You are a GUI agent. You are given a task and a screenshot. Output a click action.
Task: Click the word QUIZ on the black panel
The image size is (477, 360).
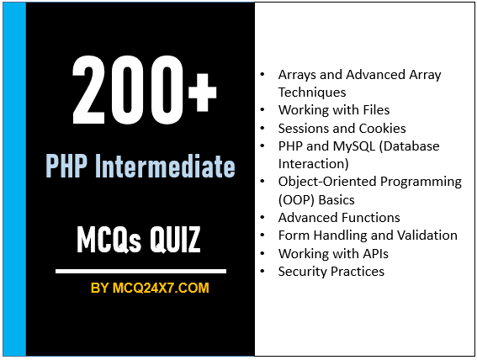171,241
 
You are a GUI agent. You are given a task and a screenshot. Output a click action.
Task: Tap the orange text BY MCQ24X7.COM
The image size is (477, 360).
150,289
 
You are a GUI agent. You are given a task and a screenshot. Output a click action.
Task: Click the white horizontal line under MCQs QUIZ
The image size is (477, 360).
140,271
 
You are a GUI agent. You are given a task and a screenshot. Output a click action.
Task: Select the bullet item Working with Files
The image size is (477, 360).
334,110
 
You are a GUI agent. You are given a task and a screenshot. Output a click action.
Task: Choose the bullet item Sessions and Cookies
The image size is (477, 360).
342,128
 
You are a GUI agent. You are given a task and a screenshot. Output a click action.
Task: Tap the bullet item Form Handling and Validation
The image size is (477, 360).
368,236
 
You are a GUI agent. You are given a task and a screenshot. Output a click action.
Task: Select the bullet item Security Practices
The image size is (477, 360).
331,271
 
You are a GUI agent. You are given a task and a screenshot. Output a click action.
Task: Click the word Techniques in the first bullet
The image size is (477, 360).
312,92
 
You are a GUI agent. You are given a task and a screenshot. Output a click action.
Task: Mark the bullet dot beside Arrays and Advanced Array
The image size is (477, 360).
266,75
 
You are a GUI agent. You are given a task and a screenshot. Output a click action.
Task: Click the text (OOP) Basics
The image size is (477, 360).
316,199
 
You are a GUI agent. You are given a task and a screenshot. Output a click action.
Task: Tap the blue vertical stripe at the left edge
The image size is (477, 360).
14,179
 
